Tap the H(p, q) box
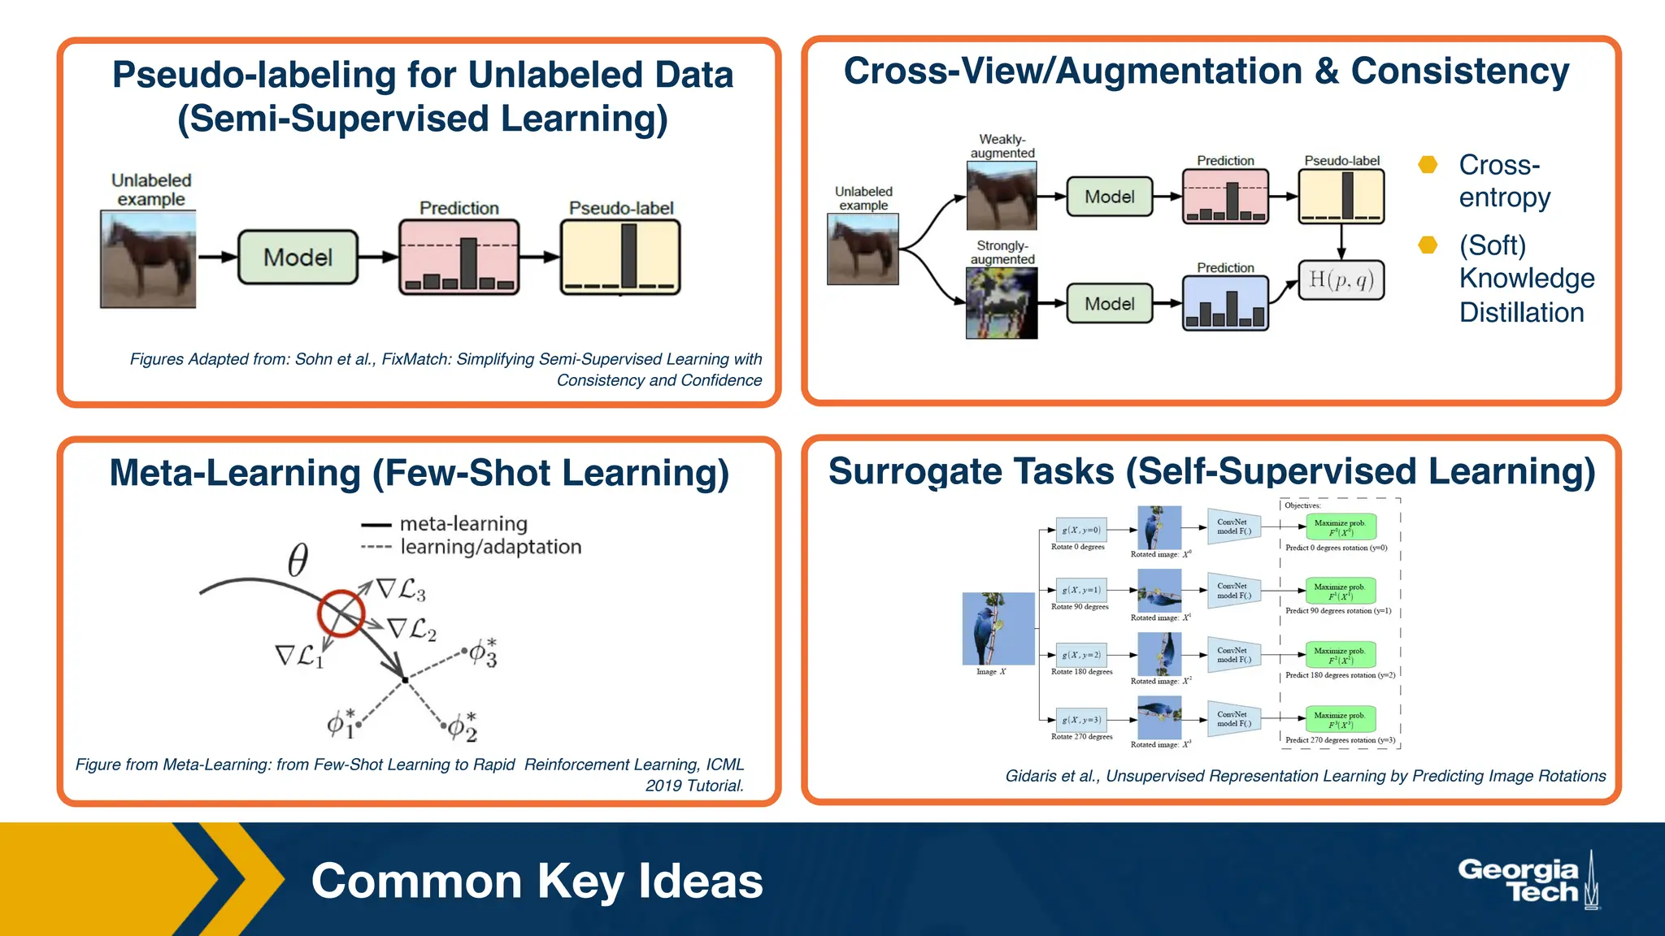[x=1341, y=280]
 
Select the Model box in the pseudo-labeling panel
[x=298, y=258]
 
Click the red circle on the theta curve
[x=341, y=613]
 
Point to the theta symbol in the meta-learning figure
[x=298, y=560]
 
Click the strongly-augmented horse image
[x=1001, y=303]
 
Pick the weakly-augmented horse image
[x=1001, y=196]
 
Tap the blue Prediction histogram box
[x=1225, y=303]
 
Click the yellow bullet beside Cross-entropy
[x=1428, y=165]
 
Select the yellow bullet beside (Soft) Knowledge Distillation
[x=1428, y=245]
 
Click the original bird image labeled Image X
[x=998, y=629]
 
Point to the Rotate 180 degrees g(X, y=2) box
[x=1080, y=655]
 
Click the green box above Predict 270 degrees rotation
[x=1341, y=720]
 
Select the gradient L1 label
[x=299, y=656]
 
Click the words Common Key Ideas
[x=537, y=882]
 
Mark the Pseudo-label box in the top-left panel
[x=620, y=257]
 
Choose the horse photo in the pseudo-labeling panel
[x=148, y=259]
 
